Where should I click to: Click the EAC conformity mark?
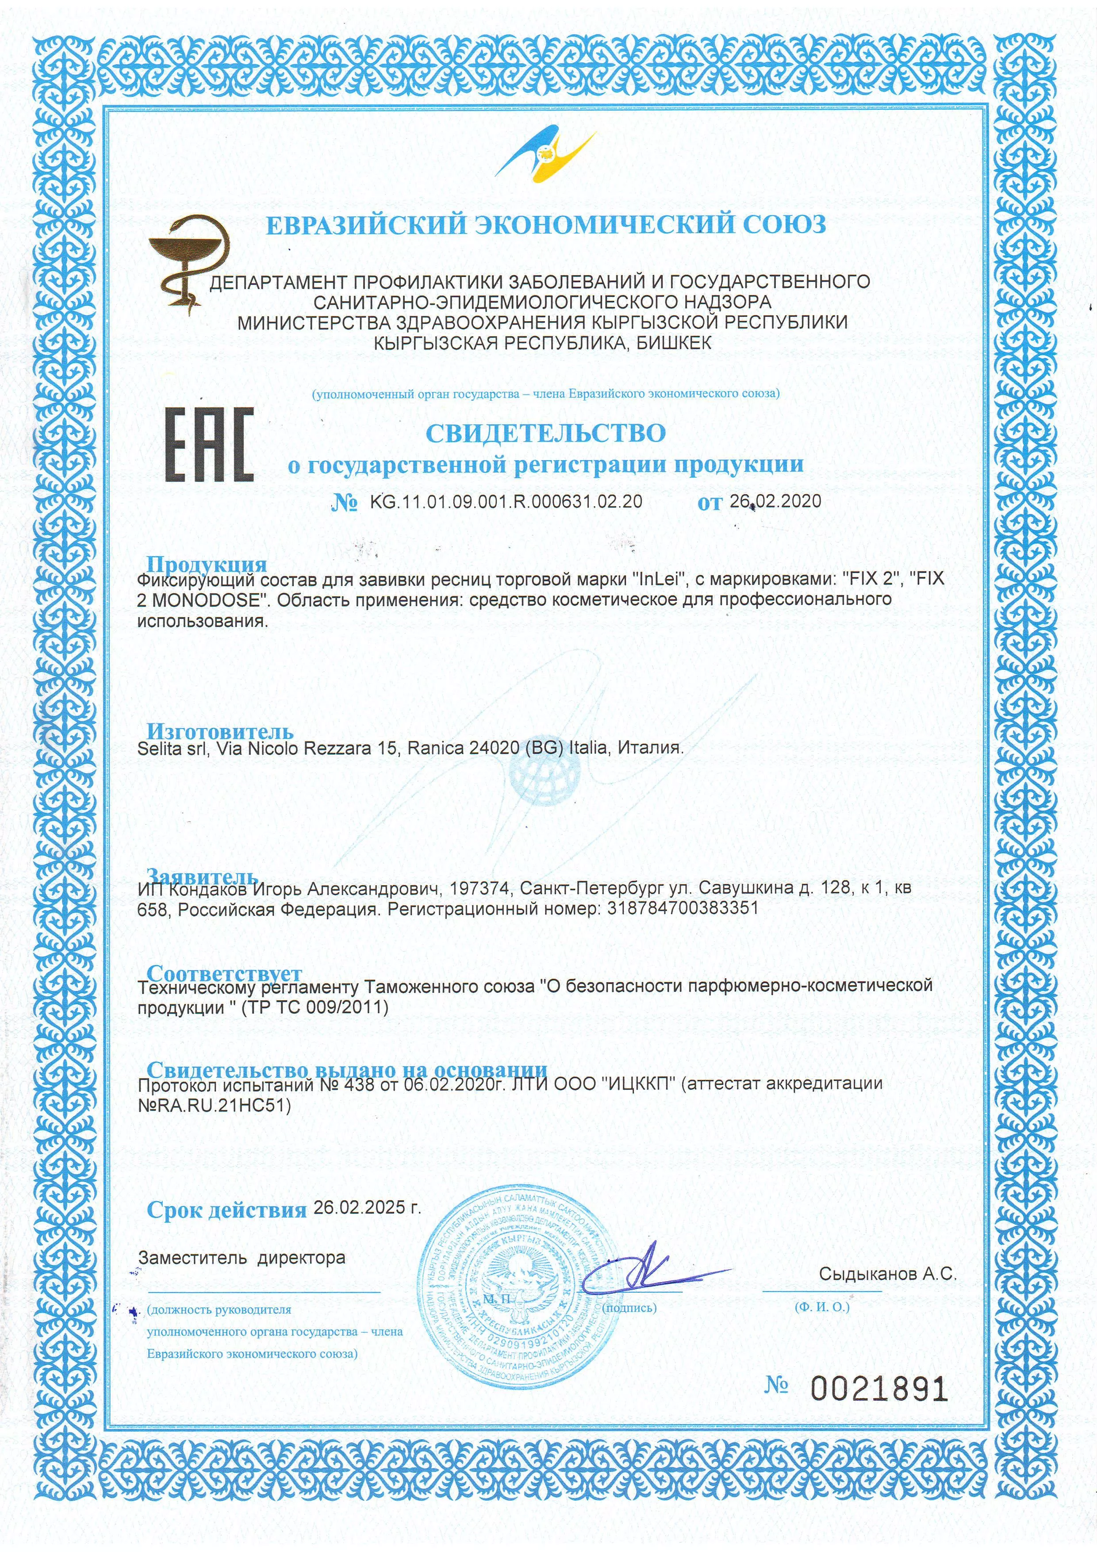[210, 444]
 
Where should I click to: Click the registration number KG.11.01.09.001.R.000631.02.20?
[506, 502]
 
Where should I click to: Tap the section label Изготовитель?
[220, 731]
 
